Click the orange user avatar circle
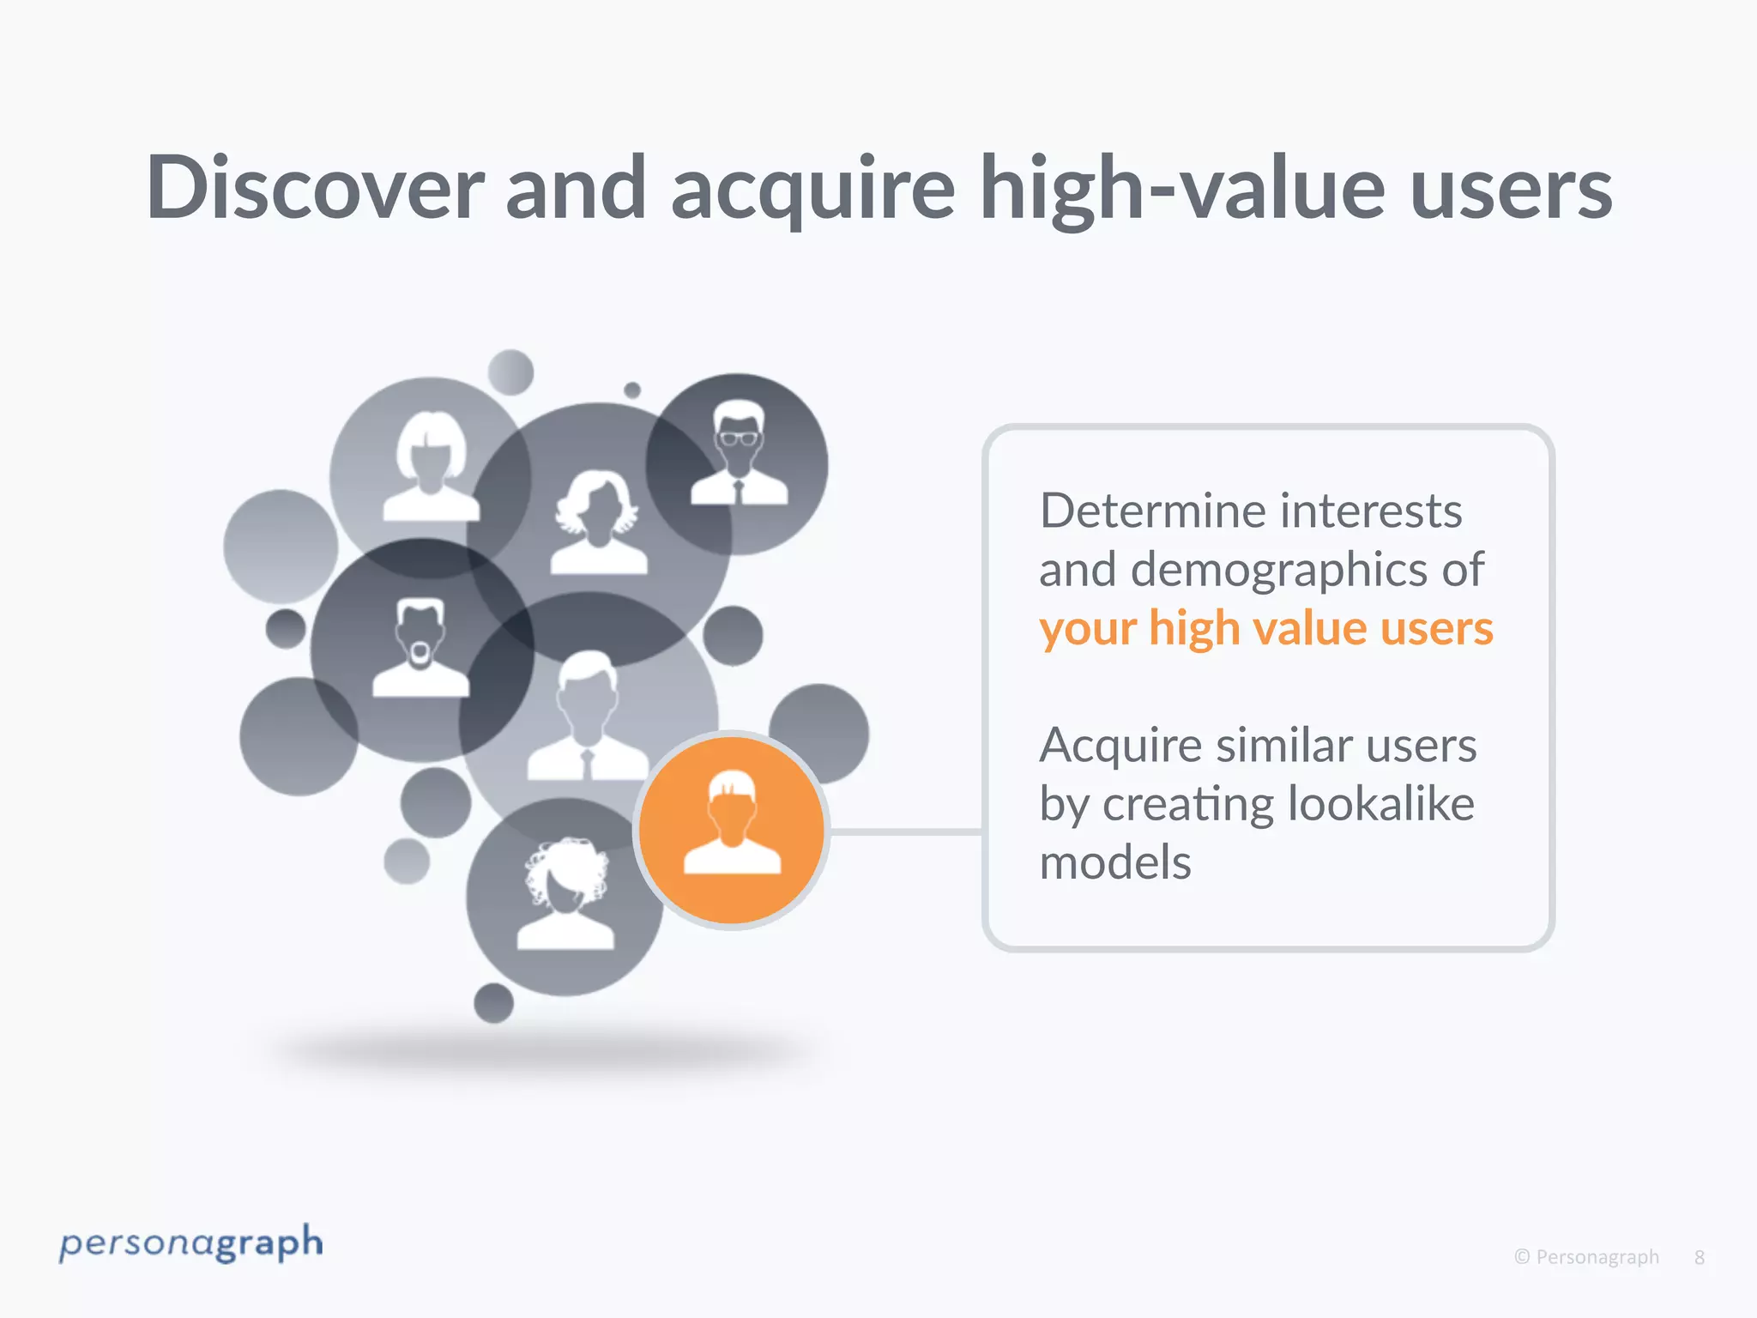pyautogui.click(x=732, y=831)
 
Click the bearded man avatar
pyautogui.click(x=420, y=649)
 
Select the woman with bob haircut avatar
pyautogui.click(x=431, y=467)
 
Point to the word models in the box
pyautogui.click(x=1114, y=863)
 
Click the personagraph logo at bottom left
pyautogui.click(x=190, y=1244)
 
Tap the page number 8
pyautogui.click(x=1699, y=1258)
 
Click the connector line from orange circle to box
pyautogui.click(x=905, y=831)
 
